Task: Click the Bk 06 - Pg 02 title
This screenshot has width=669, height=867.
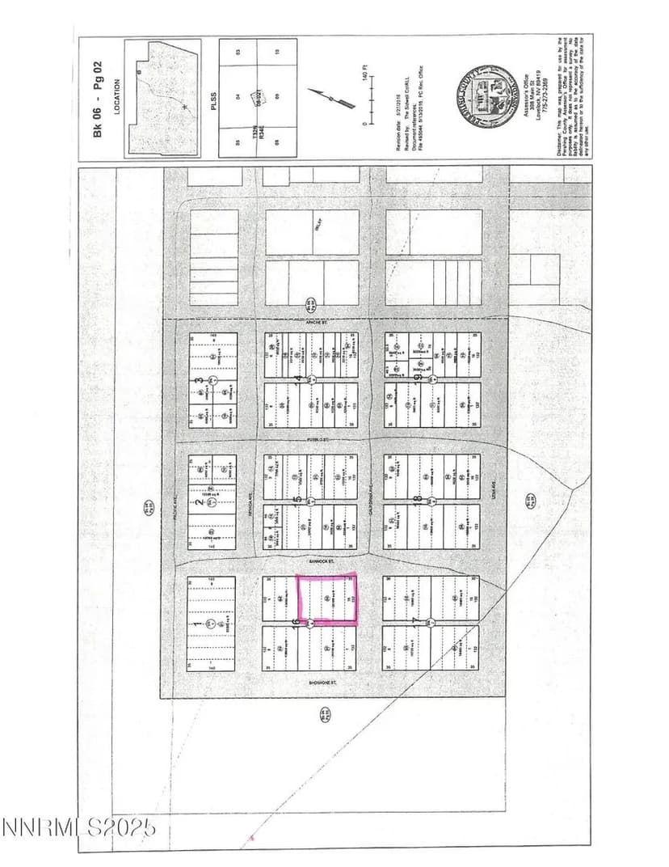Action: pyautogui.click(x=99, y=98)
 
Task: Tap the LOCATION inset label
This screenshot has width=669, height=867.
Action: pyautogui.click(x=118, y=98)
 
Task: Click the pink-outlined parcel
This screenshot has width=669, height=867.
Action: pyautogui.click(x=328, y=599)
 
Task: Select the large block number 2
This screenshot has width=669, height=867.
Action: pyautogui.click(x=199, y=502)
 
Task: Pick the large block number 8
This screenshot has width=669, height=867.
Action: pyautogui.click(x=418, y=501)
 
